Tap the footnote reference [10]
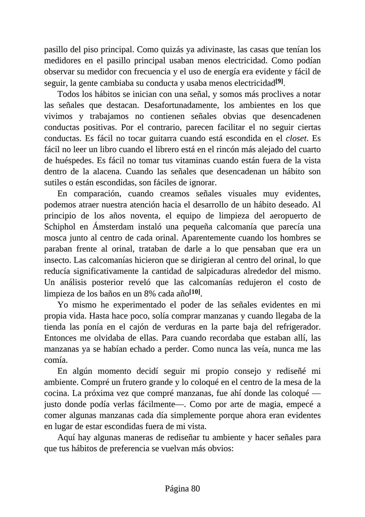pyautogui.click(x=195, y=292)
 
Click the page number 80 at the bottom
pyautogui.click(x=196, y=489)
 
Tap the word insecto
pyautogui.click(x=57, y=260)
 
